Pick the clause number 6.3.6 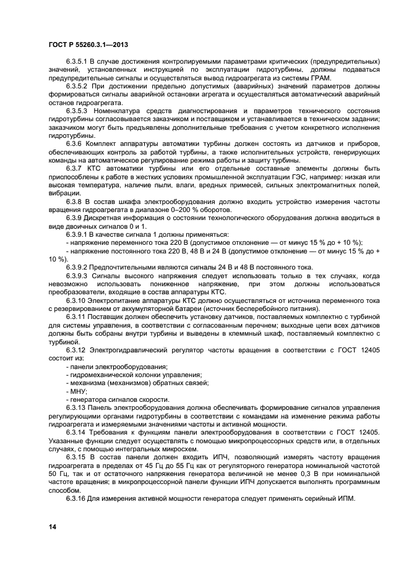pos(77,142)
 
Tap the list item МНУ pos(79,391)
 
